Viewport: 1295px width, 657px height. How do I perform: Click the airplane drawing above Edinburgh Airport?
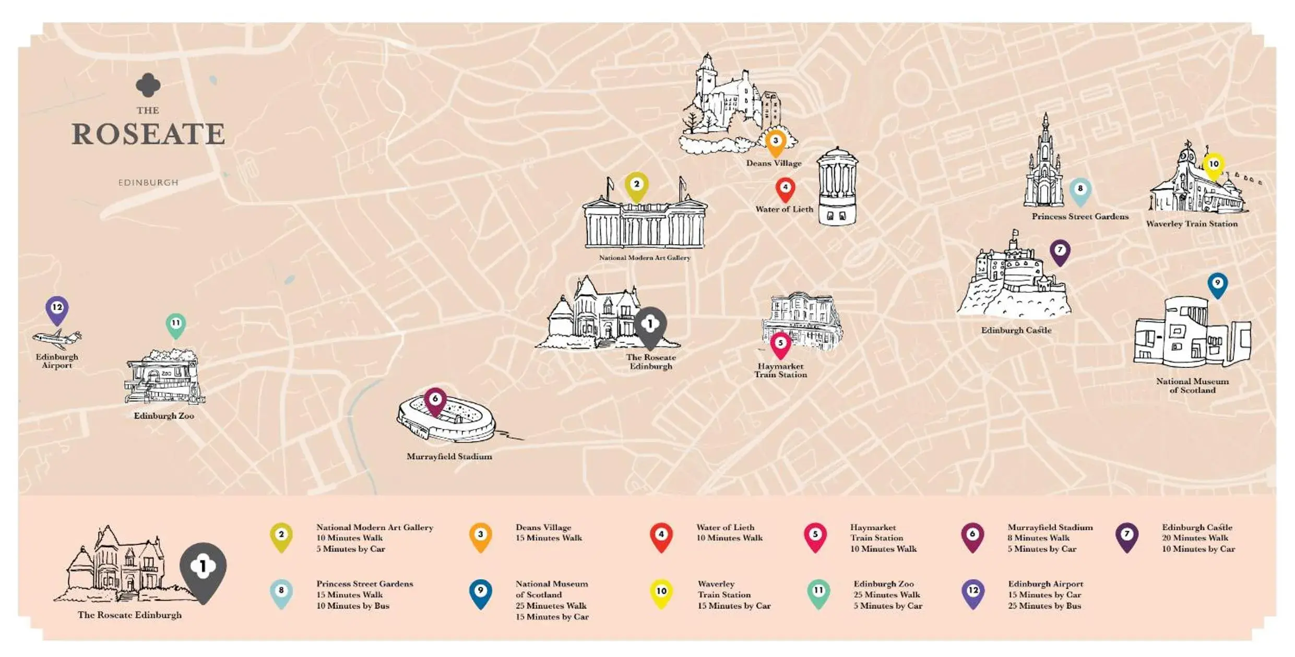pos(57,339)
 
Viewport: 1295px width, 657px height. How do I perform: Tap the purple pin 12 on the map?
pos(57,309)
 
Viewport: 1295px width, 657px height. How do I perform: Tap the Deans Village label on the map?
pos(774,163)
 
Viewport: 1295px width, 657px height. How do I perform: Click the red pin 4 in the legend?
pos(661,536)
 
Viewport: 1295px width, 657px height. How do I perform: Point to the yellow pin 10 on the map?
pos(1214,165)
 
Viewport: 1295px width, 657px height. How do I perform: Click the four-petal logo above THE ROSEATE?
pos(148,85)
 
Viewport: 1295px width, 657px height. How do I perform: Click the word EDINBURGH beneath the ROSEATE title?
pos(148,183)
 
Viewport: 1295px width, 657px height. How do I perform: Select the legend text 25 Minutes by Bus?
pos(1044,606)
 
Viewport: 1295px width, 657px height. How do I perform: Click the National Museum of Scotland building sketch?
pos(1192,334)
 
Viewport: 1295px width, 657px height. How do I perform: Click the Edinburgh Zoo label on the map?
pos(164,416)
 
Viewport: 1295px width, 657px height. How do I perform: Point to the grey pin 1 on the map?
pos(650,326)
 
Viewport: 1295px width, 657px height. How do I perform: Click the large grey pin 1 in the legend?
pos(203,570)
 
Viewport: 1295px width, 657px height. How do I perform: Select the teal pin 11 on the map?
pos(176,325)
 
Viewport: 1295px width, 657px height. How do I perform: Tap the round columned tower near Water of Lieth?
pos(837,187)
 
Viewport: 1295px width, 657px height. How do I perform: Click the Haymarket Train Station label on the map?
pos(780,371)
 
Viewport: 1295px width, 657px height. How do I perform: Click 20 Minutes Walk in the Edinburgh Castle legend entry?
pos(1195,538)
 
